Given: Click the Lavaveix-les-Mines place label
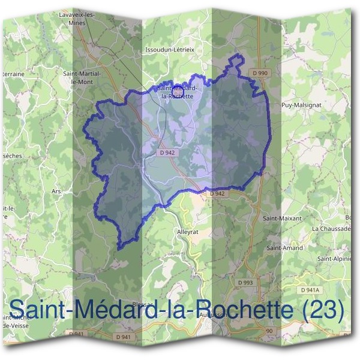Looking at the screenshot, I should [x=79, y=17].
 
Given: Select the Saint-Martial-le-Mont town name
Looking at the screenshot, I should [x=82, y=77].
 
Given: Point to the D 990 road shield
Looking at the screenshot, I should [x=260, y=73].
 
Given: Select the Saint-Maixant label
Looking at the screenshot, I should [x=282, y=218].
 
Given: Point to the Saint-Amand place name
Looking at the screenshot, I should [x=285, y=247].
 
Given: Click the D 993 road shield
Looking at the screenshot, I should [x=245, y=282].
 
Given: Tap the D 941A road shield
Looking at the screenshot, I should [x=307, y=289].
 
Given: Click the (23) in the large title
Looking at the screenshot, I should [x=324, y=311].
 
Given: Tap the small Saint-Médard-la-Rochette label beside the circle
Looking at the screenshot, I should [x=176, y=92].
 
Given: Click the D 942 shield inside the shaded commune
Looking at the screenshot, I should [x=168, y=153].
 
